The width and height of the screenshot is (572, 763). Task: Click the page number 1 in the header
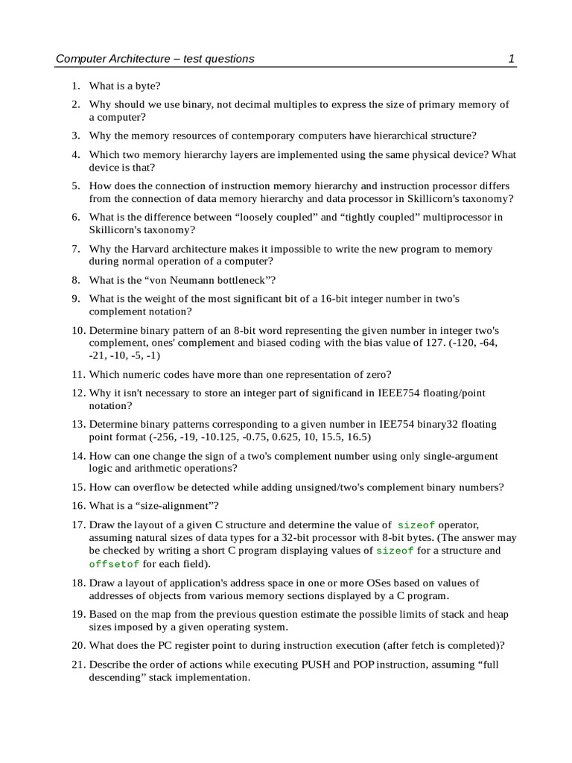click(x=512, y=58)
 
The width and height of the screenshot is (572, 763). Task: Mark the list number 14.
click(x=78, y=455)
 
